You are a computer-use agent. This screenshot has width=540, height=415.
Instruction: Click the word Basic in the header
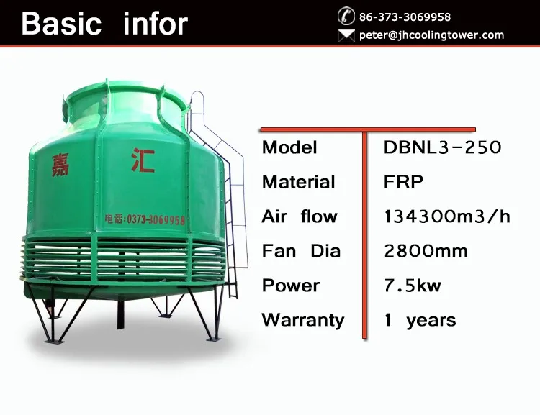(61, 24)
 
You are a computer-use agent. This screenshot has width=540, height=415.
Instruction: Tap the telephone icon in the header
(346, 16)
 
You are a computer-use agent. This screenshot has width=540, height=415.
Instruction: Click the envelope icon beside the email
(346, 35)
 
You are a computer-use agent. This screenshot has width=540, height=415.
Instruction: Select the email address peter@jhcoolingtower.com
(431, 35)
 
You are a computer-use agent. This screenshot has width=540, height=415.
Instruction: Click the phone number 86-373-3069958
(405, 17)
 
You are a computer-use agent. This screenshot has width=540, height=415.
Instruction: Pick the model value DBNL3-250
(442, 147)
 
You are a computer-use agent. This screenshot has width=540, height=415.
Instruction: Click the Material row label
(298, 182)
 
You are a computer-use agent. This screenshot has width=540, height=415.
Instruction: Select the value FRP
(403, 182)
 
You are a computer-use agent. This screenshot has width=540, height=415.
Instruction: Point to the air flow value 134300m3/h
(447, 216)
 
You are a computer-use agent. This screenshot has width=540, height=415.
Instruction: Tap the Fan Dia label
(301, 251)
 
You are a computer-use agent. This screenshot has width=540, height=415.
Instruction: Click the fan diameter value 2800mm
(426, 251)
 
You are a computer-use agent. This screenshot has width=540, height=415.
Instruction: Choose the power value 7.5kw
(413, 286)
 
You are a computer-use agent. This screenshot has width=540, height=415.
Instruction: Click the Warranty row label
(303, 320)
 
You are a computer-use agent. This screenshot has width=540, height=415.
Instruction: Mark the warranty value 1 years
(420, 320)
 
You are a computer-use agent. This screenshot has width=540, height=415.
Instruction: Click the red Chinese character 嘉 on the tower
(60, 165)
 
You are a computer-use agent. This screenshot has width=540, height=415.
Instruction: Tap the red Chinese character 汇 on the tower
(143, 160)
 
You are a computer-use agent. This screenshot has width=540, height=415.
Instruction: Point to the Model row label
(289, 147)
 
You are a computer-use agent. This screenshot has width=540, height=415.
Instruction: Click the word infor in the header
(156, 24)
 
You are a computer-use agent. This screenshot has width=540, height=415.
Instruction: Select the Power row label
(291, 286)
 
